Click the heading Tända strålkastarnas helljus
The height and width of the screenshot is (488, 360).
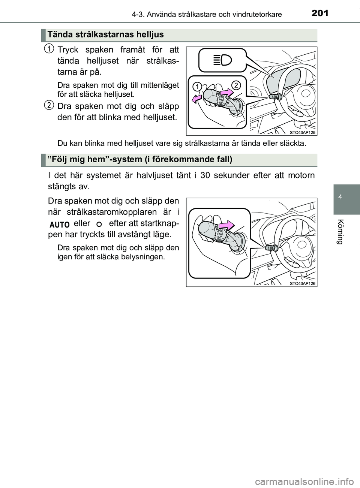(105, 35)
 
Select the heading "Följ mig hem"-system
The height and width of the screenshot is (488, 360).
(140, 160)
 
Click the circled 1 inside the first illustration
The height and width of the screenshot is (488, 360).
(196, 87)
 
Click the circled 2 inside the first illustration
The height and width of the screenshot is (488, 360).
(235, 85)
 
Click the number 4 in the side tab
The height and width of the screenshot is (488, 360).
(339, 197)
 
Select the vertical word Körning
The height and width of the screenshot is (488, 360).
(340, 231)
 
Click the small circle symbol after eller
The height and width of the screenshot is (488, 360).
(99, 224)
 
